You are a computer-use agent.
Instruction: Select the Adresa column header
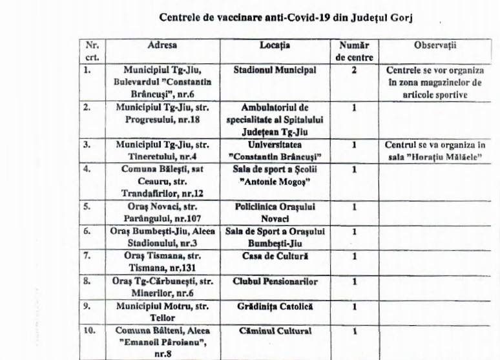(161, 45)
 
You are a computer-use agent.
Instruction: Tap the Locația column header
(275, 45)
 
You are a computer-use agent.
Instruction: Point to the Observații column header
(435, 45)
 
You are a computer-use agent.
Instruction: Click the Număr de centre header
(354, 51)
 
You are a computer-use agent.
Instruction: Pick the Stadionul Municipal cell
(275, 70)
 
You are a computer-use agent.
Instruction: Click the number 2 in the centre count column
(354, 70)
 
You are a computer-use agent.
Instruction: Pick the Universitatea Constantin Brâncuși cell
(275, 151)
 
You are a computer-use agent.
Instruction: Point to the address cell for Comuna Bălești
(161, 182)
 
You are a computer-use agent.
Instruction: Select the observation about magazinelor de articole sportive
(434, 82)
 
